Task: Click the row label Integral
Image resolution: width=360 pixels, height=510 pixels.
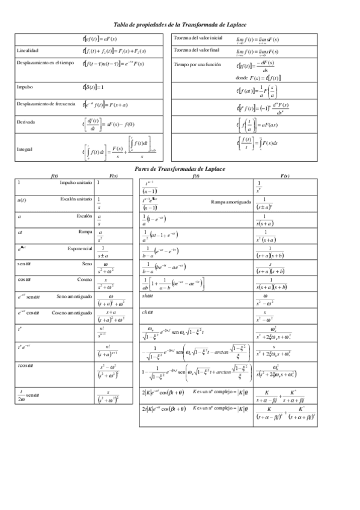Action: click(25, 149)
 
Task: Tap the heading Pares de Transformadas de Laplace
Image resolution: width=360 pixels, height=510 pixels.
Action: click(180, 170)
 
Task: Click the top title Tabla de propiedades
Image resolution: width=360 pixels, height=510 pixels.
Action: click(180, 24)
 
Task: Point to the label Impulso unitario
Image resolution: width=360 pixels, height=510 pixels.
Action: click(76, 182)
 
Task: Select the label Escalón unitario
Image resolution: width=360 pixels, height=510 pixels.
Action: click(76, 198)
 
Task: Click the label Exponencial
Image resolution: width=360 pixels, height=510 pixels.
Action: click(79, 247)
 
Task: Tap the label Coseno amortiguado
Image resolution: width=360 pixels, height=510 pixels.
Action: click(71, 313)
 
